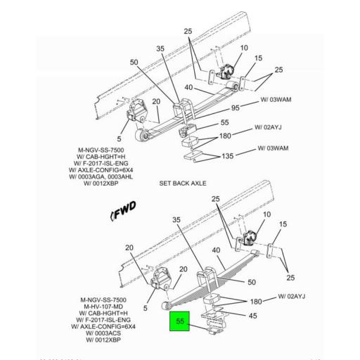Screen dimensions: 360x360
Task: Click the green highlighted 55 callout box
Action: pos(179,322)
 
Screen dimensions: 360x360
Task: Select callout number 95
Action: pos(235,108)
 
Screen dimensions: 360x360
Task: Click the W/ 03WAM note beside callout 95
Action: pos(275,100)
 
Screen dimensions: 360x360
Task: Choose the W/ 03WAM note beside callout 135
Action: pos(274,148)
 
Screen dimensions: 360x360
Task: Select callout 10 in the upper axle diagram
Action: pos(244,49)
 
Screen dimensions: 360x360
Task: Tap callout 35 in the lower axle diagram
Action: pos(176,219)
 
